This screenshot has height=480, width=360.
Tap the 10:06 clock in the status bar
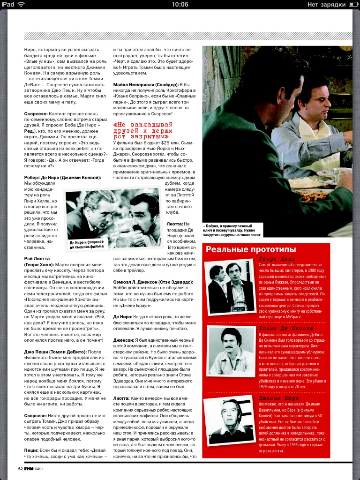(x=180, y=4)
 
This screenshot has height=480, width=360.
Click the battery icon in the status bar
(x=353, y=4)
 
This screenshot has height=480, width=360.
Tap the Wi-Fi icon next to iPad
(x=21, y=4)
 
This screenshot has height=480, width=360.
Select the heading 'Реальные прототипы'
(x=251, y=249)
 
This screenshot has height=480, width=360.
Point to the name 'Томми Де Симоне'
(x=286, y=328)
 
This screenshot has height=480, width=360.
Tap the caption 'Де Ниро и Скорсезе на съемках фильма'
(x=87, y=244)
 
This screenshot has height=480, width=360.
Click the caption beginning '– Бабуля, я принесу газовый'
(x=232, y=230)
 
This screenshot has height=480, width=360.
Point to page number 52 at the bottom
(x=20, y=468)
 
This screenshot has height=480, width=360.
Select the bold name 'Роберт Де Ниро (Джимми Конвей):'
(x=62, y=178)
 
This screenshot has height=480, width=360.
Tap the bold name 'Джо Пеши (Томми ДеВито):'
(x=62, y=352)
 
